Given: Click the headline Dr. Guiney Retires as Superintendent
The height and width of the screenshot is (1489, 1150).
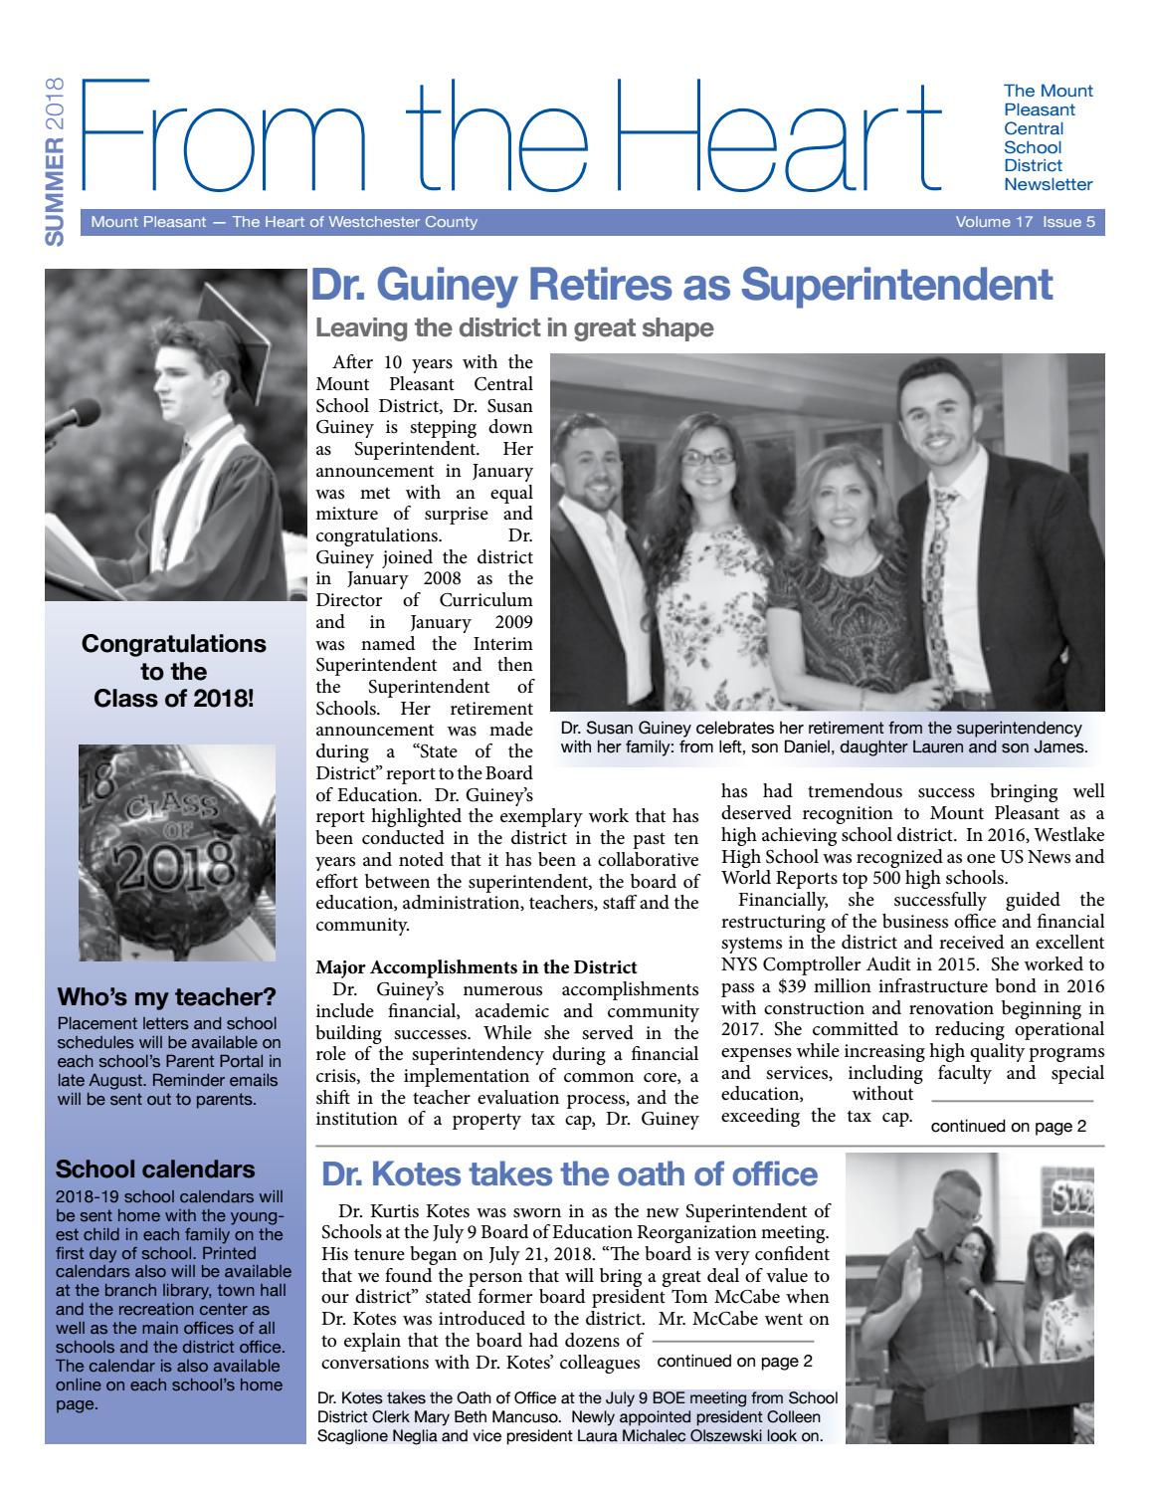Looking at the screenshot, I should [681, 285].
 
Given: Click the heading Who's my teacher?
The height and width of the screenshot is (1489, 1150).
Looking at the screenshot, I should [166, 997].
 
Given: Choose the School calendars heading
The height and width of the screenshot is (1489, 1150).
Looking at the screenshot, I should [156, 1169].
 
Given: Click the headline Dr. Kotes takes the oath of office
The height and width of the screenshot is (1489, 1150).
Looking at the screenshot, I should [569, 1174].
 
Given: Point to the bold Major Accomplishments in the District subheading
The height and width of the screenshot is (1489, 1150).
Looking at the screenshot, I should [477, 966].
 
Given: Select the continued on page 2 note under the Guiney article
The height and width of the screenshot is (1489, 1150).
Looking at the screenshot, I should [1009, 1127].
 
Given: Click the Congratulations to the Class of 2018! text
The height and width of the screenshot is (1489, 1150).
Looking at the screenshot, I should [173, 671].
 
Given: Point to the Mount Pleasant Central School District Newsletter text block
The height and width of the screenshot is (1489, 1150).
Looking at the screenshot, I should [1049, 137].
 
